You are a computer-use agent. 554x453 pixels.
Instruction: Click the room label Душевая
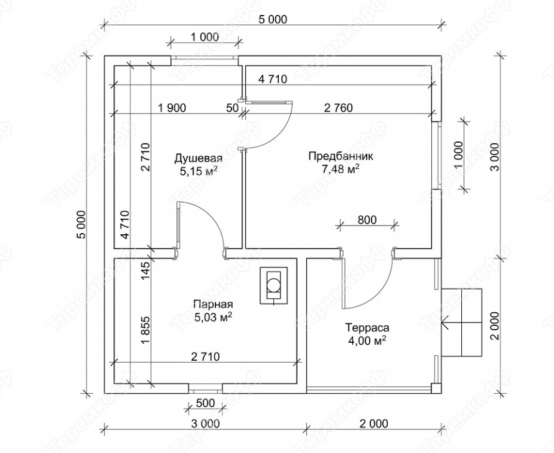[x=199, y=158]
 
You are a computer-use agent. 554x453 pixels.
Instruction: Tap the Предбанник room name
[x=336, y=156]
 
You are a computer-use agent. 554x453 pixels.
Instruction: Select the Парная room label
[x=213, y=304]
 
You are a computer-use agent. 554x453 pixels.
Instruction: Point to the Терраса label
[x=367, y=328]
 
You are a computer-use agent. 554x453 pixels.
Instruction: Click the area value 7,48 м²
[x=336, y=169]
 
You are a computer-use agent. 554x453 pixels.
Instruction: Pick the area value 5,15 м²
[x=199, y=172]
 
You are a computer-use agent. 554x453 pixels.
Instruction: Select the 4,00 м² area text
[x=367, y=341]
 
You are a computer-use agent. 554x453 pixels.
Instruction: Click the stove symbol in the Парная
[x=273, y=285]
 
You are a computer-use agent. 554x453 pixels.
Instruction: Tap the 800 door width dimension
[x=367, y=220]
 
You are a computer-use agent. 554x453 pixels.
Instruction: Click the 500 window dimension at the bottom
[x=205, y=403]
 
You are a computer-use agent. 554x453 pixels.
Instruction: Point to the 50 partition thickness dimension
[x=232, y=108]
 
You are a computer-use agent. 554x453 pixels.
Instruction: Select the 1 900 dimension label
[x=171, y=108]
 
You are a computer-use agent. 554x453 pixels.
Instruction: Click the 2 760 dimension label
[x=338, y=108]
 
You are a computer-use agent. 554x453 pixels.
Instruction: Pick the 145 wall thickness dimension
[x=146, y=271]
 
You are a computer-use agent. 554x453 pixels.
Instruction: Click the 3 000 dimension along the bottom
[x=205, y=423]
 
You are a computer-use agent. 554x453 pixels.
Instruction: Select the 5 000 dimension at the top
[x=273, y=19]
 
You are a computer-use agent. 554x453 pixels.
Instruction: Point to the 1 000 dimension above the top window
[x=205, y=37]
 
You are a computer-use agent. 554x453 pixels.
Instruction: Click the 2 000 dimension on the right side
[x=495, y=326]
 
